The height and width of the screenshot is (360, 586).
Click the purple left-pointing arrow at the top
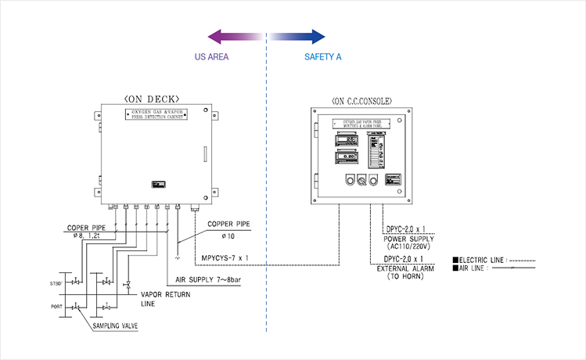(x=235, y=36)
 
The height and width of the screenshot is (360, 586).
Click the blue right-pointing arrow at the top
(x=298, y=36)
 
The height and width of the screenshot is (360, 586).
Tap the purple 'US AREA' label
(x=211, y=57)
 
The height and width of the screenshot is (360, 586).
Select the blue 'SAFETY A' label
(x=322, y=57)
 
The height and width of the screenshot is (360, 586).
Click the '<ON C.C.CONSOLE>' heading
(x=361, y=101)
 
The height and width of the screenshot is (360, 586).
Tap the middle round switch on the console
(x=361, y=180)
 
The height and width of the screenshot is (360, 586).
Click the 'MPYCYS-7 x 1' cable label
(x=225, y=256)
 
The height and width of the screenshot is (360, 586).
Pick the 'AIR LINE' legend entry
(x=474, y=268)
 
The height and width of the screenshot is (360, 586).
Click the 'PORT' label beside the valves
(x=57, y=307)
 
